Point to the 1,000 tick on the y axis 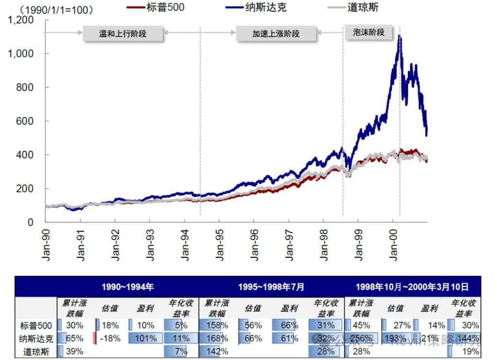(21, 53)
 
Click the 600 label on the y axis (27, 121)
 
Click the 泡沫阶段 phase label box (367, 33)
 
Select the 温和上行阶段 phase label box (123, 34)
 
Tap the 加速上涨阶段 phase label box (276, 34)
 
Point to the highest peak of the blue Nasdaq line (399, 35)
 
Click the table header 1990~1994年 (128, 287)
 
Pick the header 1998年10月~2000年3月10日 (412, 287)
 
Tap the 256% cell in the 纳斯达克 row (362, 338)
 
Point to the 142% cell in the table (216, 351)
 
